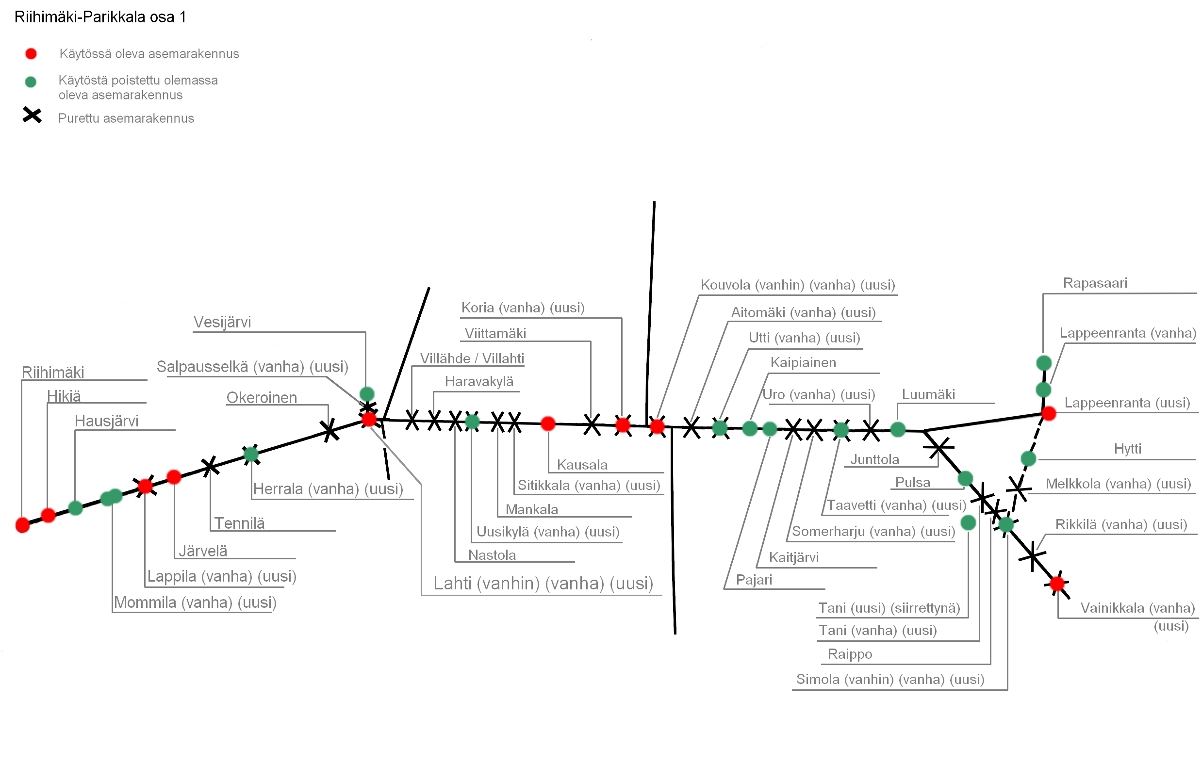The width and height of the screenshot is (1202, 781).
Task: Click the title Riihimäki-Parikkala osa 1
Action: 100,17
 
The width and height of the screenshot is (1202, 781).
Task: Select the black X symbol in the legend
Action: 32,115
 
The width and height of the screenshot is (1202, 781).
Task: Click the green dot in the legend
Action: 31,82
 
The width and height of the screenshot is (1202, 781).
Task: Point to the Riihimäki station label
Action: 53,373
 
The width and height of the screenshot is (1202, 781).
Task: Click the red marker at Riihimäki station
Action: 23,525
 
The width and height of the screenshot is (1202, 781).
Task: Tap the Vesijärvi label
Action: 222,322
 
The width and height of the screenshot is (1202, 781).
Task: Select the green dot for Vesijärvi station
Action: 367,394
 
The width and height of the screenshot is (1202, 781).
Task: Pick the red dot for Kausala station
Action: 548,423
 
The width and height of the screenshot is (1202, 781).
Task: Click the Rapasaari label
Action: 1095,283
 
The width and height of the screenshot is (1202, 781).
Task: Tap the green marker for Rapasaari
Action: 1044,362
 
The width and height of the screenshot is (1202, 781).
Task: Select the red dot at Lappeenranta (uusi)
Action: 1049,413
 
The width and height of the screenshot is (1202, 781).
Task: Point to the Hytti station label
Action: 1127,449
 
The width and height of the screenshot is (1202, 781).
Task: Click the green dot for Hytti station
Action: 1029,458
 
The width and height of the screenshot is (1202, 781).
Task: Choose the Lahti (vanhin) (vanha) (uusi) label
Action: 543,584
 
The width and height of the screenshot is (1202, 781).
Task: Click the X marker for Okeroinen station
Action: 330,431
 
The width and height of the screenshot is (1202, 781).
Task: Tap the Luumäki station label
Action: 928,395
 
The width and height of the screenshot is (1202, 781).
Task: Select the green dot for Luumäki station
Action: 898,430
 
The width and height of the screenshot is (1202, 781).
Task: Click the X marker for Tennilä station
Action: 210,467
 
